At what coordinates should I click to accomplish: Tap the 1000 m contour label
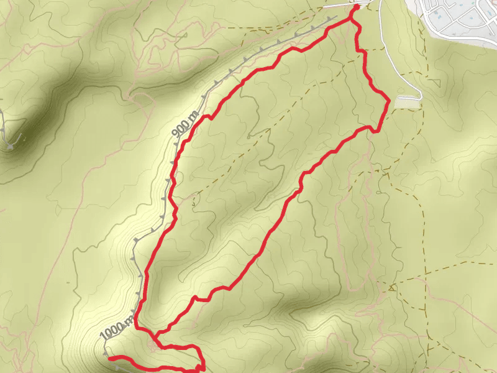(116, 327)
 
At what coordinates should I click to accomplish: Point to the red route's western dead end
(110, 359)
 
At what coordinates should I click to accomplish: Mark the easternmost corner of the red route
(389, 99)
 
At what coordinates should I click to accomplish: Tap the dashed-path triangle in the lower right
(392, 287)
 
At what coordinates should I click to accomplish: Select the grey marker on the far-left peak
(11, 147)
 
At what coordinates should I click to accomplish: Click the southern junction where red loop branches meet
(155, 336)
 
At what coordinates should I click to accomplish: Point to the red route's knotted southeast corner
(201, 367)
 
